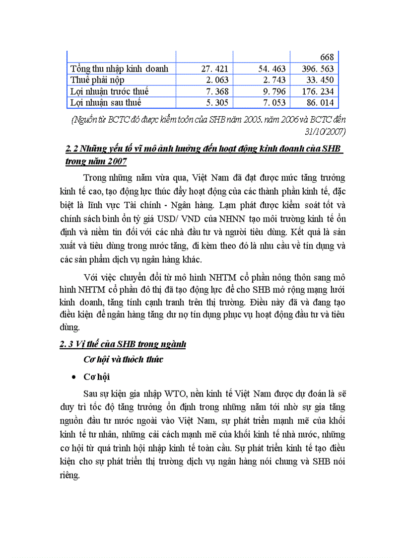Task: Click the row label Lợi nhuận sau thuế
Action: tap(106, 103)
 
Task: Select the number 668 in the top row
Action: tap(327, 58)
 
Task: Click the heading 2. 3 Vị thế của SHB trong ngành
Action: tap(123, 344)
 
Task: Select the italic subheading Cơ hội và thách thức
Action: tap(123, 360)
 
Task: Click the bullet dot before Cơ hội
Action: tap(74, 378)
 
